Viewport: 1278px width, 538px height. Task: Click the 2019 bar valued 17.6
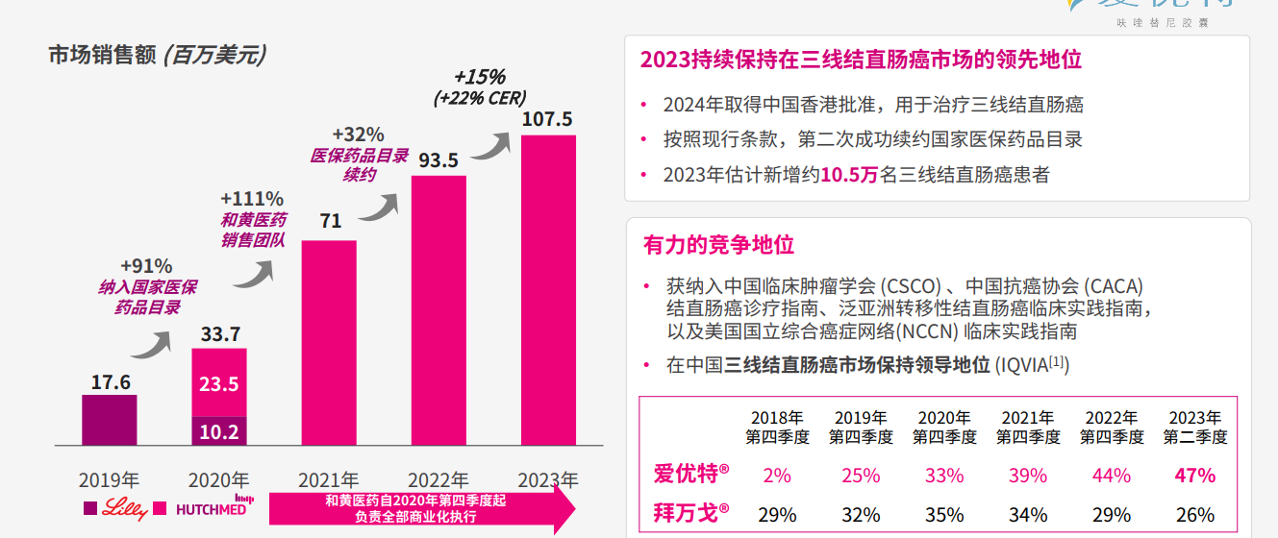[x=109, y=420]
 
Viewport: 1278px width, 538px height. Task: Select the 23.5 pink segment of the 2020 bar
[x=219, y=382]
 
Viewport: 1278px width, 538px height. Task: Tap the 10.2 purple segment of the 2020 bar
[x=219, y=431]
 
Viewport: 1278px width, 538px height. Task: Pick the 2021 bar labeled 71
[x=329, y=342]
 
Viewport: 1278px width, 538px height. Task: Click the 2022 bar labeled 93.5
[x=439, y=310]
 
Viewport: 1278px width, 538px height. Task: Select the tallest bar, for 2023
[x=548, y=290]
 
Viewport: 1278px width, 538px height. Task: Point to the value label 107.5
[x=547, y=119]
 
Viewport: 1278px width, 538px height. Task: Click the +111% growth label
[x=252, y=199]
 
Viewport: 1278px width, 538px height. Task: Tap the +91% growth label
[x=146, y=266]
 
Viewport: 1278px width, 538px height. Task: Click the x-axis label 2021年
[x=328, y=479]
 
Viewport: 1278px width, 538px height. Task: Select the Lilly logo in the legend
[x=125, y=508]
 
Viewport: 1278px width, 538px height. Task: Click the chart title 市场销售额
[x=102, y=56]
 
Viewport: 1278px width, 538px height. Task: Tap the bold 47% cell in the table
[x=1194, y=476]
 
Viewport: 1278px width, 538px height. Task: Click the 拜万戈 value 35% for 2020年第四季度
[x=943, y=514]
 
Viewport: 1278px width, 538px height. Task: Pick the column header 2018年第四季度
[x=777, y=428]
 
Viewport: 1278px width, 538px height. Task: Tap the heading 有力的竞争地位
[x=718, y=244]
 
